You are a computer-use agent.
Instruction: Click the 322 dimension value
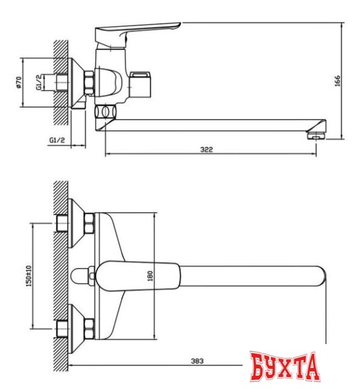coord(207,150)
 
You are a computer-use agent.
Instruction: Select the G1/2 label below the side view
coord(57,141)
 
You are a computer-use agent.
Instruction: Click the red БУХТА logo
coord(285,366)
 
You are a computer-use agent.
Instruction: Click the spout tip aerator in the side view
coord(316,133)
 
